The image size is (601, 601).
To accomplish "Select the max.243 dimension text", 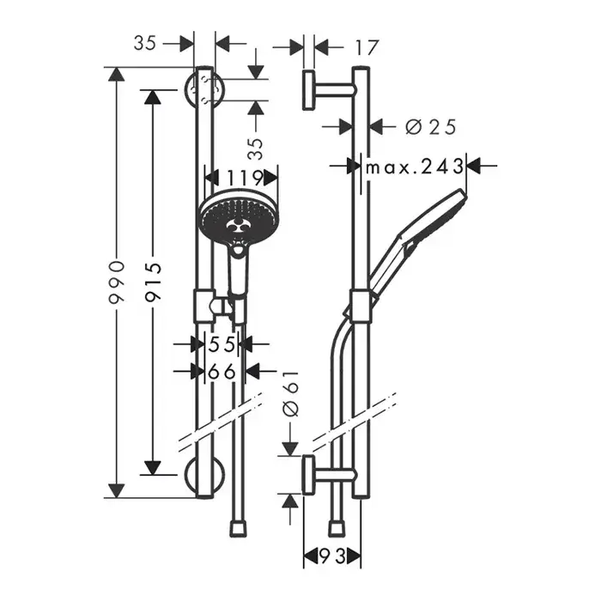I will coord(415,166).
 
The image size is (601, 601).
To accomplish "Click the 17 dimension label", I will coord(366,47).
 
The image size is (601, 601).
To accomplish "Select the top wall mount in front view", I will coord(204,88).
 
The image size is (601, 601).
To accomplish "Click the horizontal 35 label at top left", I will coord(146,43).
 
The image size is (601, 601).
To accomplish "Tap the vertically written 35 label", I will coord(255,149).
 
